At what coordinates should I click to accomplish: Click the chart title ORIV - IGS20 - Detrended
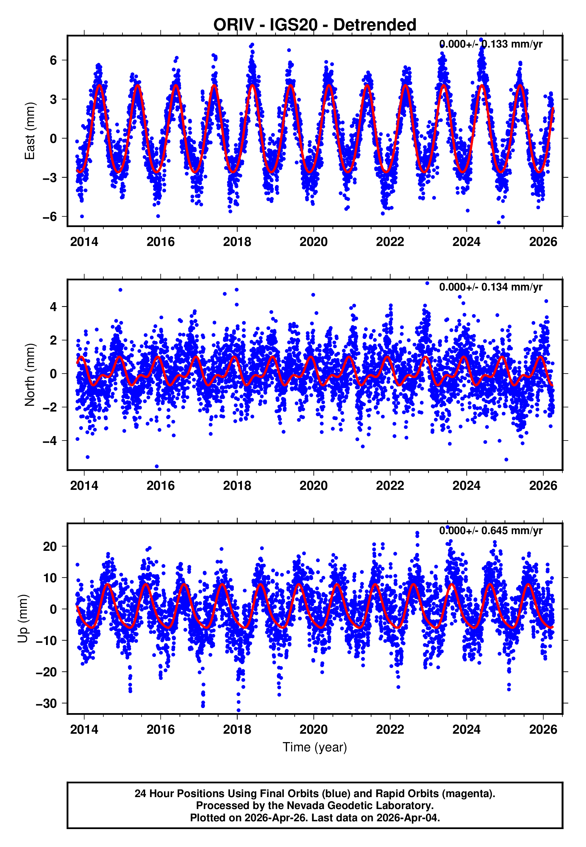(315, 25)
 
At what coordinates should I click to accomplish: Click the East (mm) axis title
(29, 131)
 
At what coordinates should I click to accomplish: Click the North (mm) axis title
(29, 375)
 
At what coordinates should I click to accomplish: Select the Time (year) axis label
(315, 747)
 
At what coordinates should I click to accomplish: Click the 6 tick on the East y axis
(53, 60)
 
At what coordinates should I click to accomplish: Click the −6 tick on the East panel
(50, 217)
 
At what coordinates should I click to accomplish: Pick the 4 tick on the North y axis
(53, 307)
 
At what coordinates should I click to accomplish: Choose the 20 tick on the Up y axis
(50, 547)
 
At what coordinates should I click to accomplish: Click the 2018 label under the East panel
(237, 242)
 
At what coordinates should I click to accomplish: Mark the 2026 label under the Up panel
(543, 729)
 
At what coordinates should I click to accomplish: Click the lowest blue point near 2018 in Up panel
(238, 710)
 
